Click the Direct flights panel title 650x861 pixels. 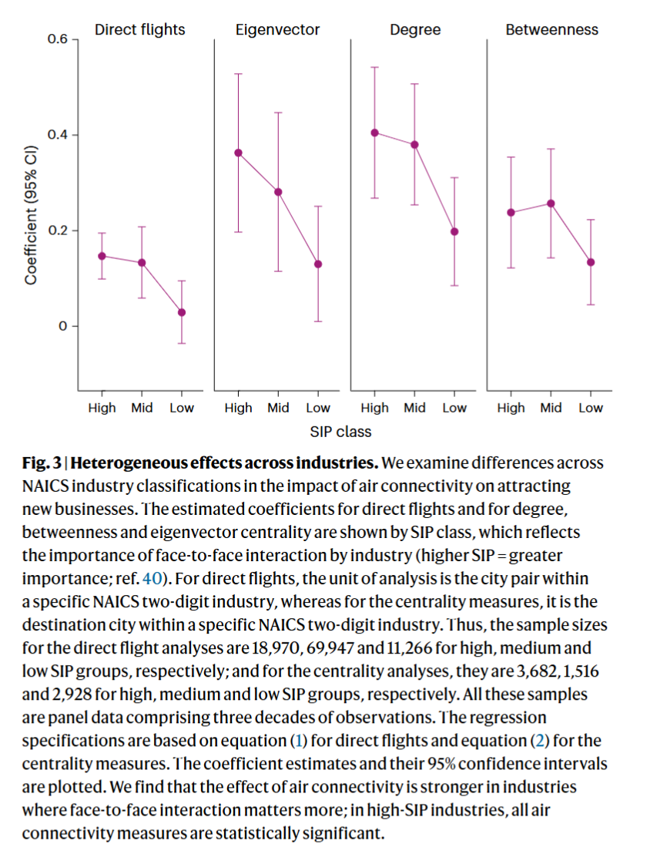pos(139,30)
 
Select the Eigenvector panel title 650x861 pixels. pos(277,30)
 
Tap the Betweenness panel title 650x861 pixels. pos(551,30)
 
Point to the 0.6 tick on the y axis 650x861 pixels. pos(59,39)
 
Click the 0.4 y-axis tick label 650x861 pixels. pos(59,135)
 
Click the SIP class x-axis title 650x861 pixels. pos(340,431)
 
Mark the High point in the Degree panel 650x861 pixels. pos(375,133)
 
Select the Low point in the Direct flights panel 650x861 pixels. pos(182,312)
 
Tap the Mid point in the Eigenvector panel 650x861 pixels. pos(278,192)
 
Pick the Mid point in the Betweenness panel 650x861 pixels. pos(551,203)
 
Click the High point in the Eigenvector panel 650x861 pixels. pos(238,153)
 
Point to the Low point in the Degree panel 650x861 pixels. pos(454,231)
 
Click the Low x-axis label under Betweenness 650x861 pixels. pos(591,408)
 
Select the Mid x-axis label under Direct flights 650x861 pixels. pos(142,408)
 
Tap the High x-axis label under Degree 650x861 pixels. pos(375,408)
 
